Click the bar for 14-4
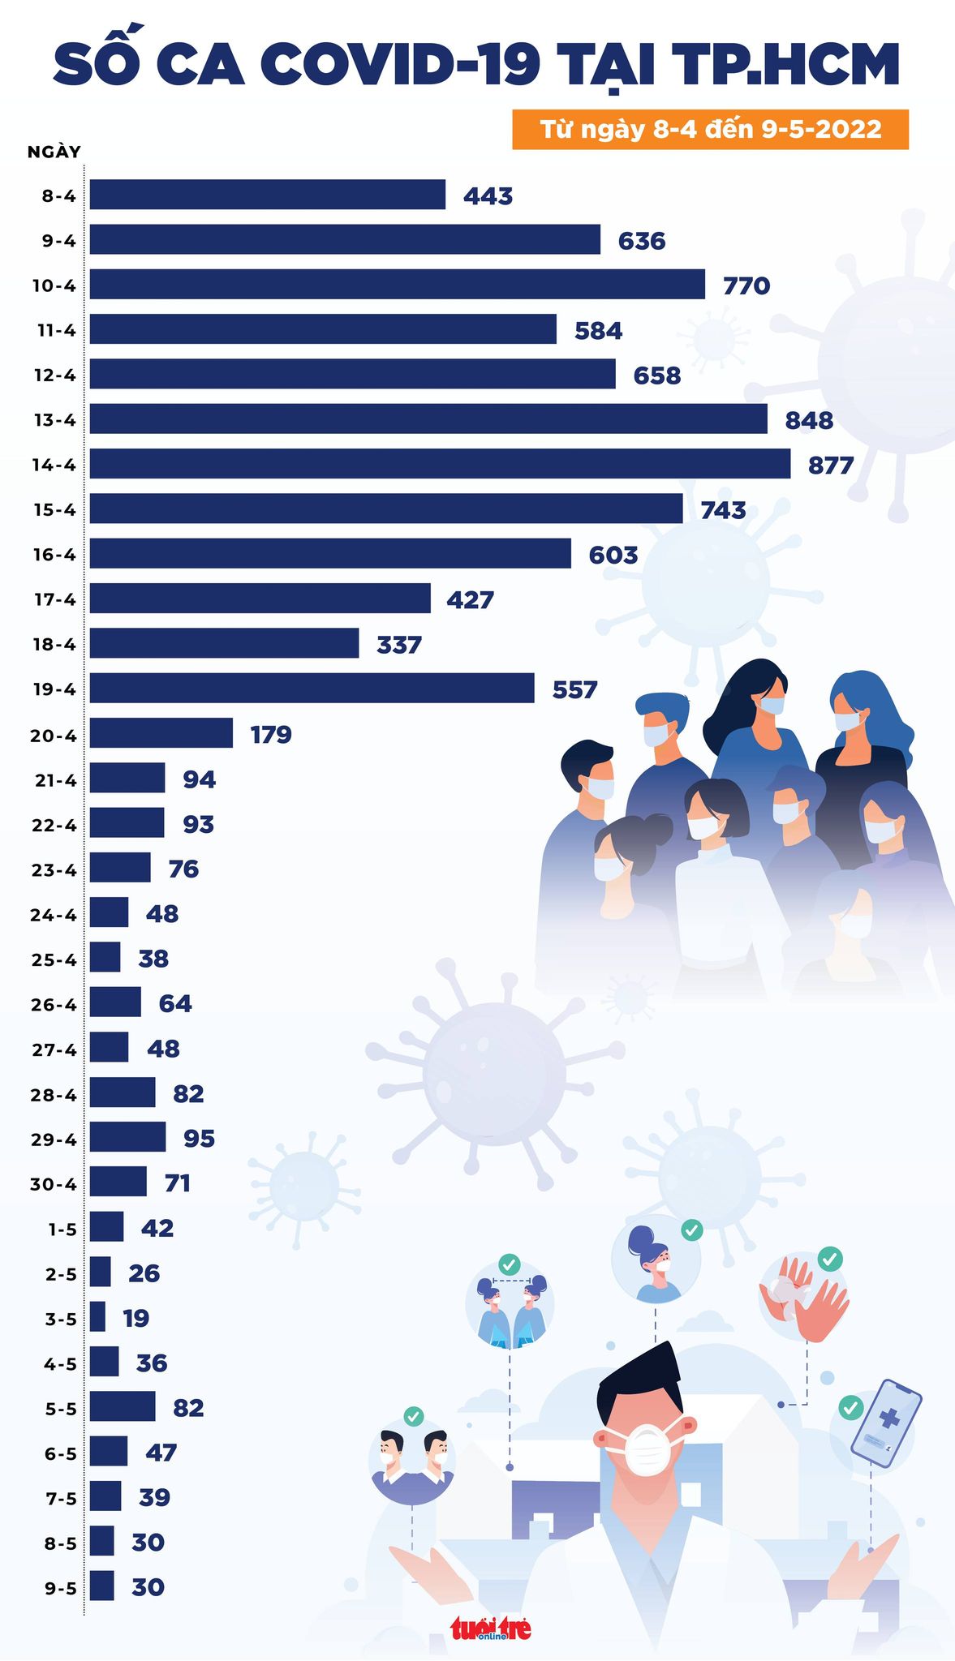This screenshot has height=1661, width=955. coord(440,464)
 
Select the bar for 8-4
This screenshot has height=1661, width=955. coord(268,195)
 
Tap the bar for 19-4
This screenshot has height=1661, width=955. coord(312,688)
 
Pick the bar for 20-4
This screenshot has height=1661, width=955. coord(161,733)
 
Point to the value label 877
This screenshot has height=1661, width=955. coord(831,466)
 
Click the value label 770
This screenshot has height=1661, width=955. coord(746,286)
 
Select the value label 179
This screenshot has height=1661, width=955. coord(271,735)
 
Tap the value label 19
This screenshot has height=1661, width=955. coord(136,1318)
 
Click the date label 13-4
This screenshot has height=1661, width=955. coord(54,420)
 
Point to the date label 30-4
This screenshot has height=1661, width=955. coord(54,1184)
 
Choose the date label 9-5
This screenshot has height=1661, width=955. coord(60,1588)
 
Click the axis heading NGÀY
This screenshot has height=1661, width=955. coord(54,152)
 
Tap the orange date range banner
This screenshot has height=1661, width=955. coord(710,130)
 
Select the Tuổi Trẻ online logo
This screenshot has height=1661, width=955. coord(491,1627)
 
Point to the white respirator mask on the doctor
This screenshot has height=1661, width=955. coord(647,1449)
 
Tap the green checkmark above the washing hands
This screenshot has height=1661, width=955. coord(830,1259)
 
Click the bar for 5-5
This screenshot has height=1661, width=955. coord(123,1406)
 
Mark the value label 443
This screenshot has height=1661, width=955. coord(488,196)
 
